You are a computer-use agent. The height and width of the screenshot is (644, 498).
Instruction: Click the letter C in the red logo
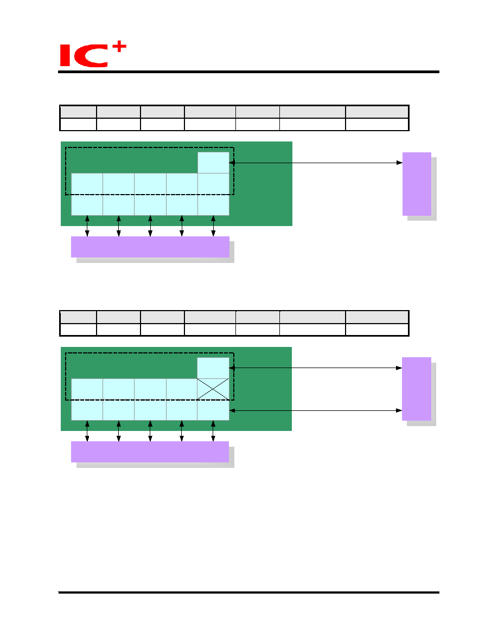[x=92, y=56]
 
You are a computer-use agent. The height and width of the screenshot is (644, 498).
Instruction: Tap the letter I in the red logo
[x=65, y=56]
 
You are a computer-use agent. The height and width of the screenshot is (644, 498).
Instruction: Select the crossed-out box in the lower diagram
[x=213, y=389]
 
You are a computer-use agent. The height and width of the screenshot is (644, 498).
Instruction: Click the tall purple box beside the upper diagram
[x=417, y=184]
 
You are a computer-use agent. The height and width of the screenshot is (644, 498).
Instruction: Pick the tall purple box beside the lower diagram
[x=416, y=389]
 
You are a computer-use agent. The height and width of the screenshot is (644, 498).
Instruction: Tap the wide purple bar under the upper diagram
[x=150, y=247]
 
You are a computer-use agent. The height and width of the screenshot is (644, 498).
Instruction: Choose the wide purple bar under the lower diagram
[x=150, y=452]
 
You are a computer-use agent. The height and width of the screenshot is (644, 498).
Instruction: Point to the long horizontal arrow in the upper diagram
[x=316, y=163]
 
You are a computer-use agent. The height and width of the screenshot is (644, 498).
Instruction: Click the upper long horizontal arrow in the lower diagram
[x=316, y=368]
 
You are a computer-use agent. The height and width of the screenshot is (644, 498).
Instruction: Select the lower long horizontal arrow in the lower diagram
[x=316, y=410]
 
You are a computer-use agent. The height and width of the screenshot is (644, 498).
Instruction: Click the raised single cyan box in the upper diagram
[x=213, y=163]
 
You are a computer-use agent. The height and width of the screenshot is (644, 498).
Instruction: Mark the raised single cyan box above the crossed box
[x=213, y=368]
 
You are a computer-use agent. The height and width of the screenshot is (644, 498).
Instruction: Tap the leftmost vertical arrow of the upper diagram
[x=87, y=226]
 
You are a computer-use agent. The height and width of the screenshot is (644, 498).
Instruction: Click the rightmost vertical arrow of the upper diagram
[x=213, y=226]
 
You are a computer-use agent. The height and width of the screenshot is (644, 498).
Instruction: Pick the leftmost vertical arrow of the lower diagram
[x=87, y=431]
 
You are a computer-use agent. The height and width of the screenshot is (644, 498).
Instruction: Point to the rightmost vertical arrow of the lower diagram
[x=213, y=431]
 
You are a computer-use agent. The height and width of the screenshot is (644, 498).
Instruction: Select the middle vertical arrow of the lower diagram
[x=150, y=431]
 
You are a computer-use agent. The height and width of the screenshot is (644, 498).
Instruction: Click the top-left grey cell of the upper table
[x=78, y=112]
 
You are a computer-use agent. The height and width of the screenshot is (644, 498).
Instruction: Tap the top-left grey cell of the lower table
[x=78, y=317]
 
